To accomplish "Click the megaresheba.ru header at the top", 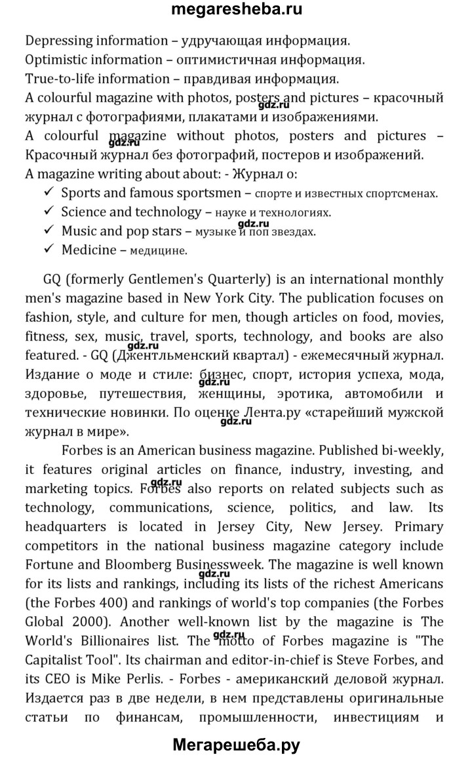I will (236, 10).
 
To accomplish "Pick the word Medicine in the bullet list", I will (88, 250).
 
